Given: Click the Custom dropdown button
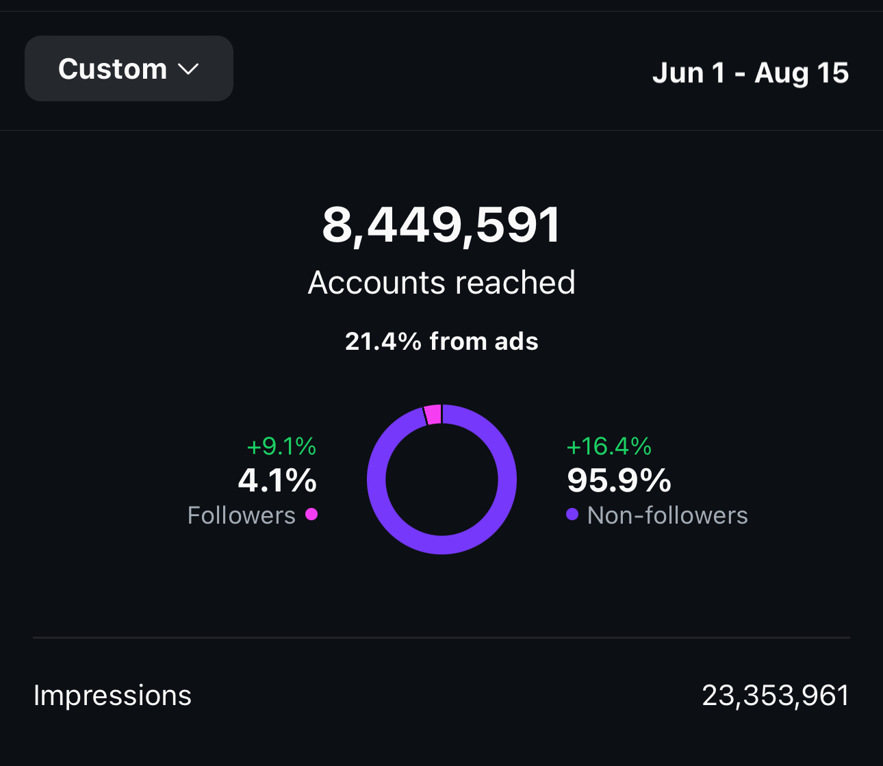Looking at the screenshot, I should tap(129, 68).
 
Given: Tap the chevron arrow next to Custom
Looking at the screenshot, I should tap(188, 69).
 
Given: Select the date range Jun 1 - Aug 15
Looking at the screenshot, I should tap(750, 73).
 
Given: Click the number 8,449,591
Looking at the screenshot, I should tap(441, 225).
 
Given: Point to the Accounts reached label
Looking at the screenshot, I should tap(441, 283).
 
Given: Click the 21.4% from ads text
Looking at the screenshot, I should tap(441, 341).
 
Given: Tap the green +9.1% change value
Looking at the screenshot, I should tap(281, 446).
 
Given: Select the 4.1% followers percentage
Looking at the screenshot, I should tap(277, 480).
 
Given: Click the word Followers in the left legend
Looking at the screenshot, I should tap(241, 515).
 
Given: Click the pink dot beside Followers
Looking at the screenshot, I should tap(311, 514).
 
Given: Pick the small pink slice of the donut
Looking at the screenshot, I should tap(433, 414).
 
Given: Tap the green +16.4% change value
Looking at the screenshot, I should tap(609, 446).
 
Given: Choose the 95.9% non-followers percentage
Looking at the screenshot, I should tap(619, 480).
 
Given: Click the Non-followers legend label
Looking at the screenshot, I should tap(667, 515).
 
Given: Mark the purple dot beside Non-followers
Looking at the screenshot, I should tap(572, 514).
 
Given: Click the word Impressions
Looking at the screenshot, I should tap(112, 695).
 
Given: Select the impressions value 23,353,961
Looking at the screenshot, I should tap(776, 695).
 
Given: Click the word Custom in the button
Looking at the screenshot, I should tap(112, 69).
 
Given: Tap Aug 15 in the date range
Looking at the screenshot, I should tap(802, 73).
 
